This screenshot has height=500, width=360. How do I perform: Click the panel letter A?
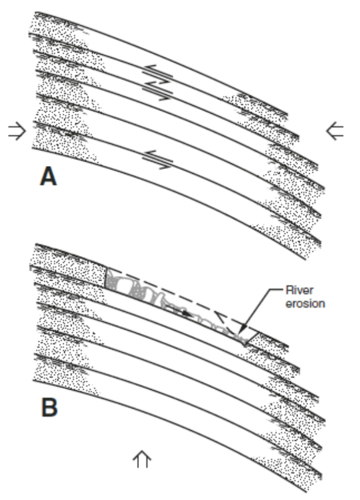48,177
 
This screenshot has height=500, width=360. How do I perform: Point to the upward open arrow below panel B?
142,459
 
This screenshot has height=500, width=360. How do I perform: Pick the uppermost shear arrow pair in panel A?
157,74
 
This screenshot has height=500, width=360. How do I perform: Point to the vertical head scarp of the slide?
106,277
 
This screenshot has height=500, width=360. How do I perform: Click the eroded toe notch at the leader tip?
243,341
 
